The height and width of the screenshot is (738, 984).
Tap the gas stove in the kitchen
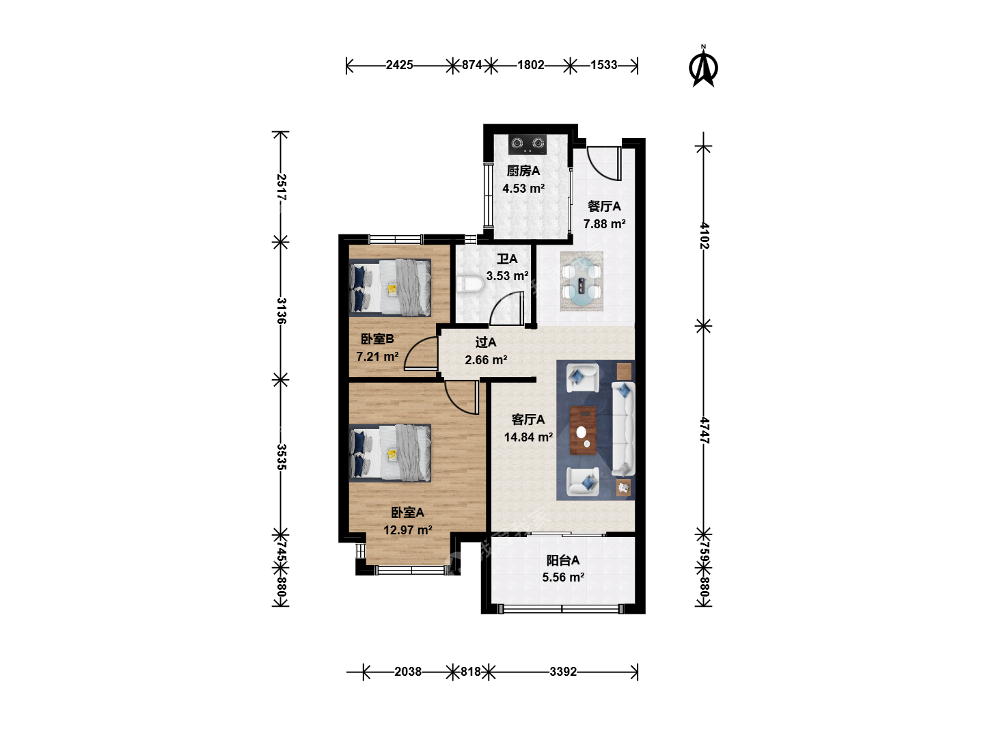tap(528, 144)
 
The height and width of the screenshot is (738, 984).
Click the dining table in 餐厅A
tap(582, 282)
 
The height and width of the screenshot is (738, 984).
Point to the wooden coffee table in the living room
tap(584, 430)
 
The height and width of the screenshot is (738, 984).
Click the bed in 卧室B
tap(390, 288)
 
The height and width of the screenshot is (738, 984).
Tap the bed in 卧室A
tap(390, 453)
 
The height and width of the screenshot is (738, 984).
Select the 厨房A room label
tap(523, 171)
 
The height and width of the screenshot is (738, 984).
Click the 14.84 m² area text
tap(528, 437)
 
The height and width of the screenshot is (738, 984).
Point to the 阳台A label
tap(562, 560)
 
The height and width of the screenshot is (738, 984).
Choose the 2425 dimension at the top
tap(400, 65)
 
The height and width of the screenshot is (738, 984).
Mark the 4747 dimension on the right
tap(705, 430)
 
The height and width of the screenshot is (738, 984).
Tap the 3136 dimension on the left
tap(281, 310)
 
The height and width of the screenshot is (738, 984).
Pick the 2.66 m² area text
tap(486, 360)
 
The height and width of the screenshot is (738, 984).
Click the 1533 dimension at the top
tap(604, 65)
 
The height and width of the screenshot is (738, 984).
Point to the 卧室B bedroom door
tap(421, 354)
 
